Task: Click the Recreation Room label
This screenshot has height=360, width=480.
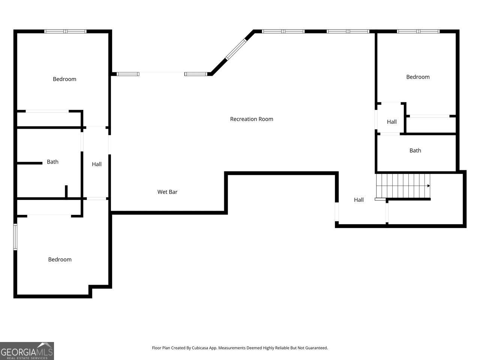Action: (252, 119)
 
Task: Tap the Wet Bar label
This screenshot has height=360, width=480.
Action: (167, 192)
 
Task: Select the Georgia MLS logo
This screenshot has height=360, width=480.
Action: (27, 351)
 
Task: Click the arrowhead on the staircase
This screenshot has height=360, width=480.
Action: (429, 186)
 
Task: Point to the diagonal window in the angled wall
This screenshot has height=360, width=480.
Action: (236, 49)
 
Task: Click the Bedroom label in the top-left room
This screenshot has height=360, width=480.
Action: (64, 79)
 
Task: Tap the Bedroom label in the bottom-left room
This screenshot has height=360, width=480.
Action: (60, 259)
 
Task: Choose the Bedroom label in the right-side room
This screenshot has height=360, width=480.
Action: (418, 77)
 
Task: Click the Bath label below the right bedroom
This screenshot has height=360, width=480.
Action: (415, 151)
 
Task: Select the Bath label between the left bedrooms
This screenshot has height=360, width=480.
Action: (52, 162)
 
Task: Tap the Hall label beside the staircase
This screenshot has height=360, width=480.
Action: (358, 200)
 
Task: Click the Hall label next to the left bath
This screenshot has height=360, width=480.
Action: (96, 164)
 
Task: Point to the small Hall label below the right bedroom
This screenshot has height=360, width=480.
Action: (391, 122)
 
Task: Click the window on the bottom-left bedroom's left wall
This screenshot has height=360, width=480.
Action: (15, 237)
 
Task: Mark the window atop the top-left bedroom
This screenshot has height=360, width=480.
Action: (65, 31)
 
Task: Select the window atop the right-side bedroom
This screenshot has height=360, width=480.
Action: (418, 31)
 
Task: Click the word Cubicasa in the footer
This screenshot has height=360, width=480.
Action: (200, 348)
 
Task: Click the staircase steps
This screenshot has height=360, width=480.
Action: (403, 186)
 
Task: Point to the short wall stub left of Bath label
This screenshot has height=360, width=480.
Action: (30, 163)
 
